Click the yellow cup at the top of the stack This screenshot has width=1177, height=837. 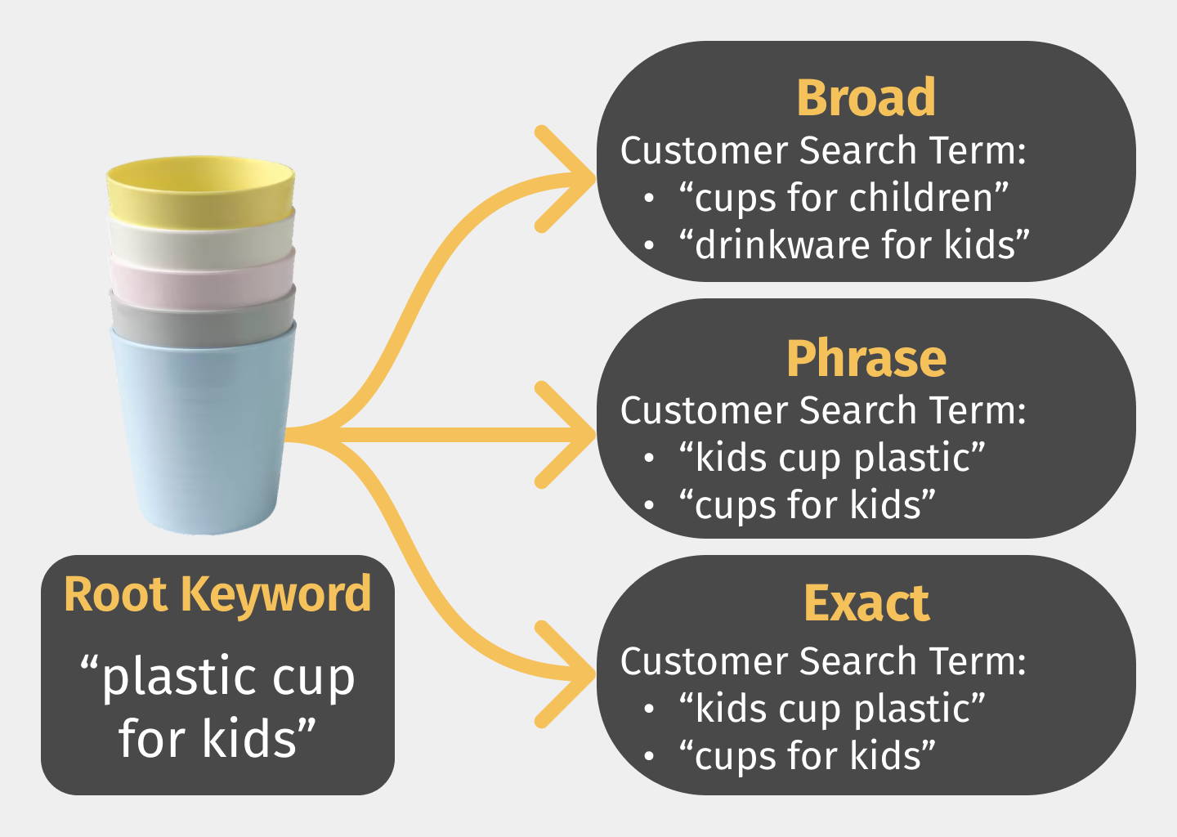click(200, 189)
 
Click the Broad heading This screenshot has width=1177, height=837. click(866, 98)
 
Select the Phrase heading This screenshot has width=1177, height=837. click(866, 360)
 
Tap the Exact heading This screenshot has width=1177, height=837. click(866, 604)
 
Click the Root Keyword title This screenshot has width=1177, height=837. click(217, 594)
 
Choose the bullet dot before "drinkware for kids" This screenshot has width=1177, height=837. click(650, 245)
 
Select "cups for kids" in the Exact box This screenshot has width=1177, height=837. click(807, 756)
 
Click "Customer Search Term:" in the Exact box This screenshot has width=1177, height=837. click(823, 661)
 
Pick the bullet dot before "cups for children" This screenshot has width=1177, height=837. click(650, 198)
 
